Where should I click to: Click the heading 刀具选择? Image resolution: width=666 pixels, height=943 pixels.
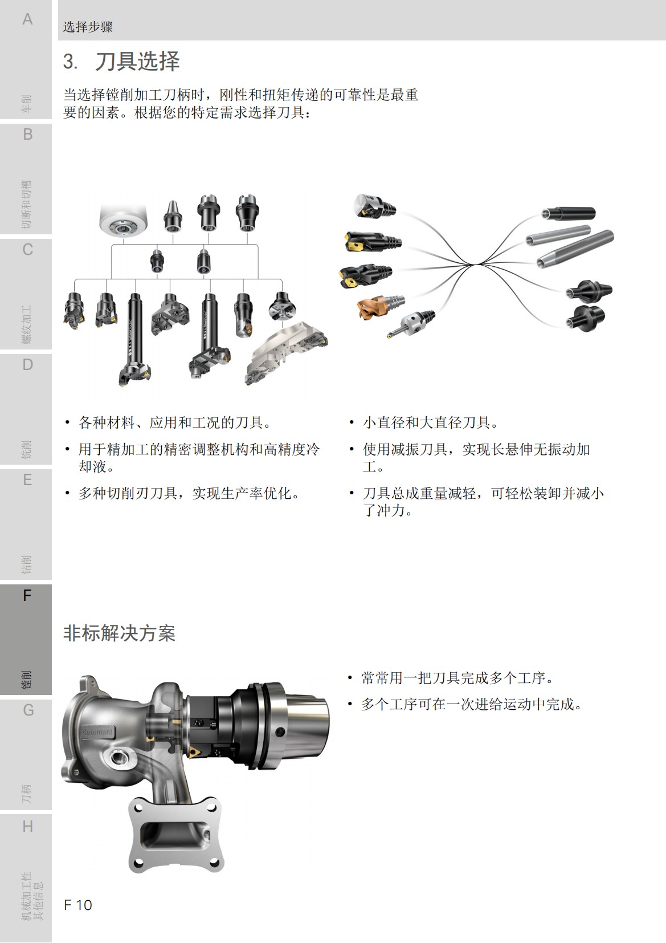(x=137, y=62)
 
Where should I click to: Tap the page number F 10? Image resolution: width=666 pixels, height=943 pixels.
(x=78, y=905)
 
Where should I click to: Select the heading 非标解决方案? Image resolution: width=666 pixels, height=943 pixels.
(x=119, y=633)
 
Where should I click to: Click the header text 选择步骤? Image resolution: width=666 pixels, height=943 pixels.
(x=88, y=27)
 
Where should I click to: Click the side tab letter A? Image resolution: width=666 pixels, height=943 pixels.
(x=27, y=19)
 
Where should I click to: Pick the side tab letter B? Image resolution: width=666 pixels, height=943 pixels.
(x=27, y=135)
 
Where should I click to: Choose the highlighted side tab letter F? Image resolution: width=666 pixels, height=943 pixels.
(x=27, y=596)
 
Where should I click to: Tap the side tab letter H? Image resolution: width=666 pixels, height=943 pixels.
(x=27, y=826)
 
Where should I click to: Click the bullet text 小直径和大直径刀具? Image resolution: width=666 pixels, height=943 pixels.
(x=430, y=422)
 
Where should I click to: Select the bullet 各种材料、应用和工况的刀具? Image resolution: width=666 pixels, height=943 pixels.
(x=174, y=422)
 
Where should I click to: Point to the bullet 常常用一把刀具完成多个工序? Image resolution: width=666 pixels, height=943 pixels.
(x=457, y=678)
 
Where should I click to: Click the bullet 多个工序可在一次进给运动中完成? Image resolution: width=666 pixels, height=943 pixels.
(x=472, y=704)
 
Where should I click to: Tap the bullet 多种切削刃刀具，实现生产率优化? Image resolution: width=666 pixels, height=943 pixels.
(x=189, y=493)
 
